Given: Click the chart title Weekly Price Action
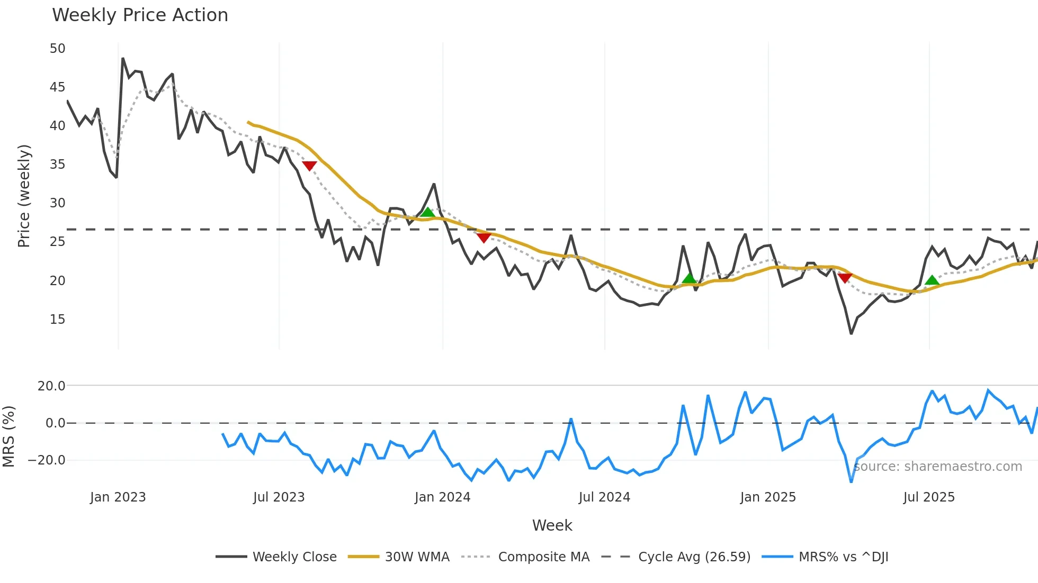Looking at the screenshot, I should (x=140, y=15).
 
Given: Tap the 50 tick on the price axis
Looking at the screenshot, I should (x=57, y=49).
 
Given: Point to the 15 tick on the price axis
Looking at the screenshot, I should (x=57, y=320).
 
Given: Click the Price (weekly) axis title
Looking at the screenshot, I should (x=24, y=196).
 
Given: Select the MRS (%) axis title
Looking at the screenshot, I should (x=8, y=436).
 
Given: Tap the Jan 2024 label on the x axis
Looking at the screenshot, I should (x=442, y=497).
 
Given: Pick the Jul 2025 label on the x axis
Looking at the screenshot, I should (x=929, y=497).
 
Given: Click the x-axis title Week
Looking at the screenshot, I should (x=552, y=525).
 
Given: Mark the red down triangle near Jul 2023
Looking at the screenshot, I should (x=309, y=166).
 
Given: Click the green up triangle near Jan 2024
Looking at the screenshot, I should (x=427, y=213).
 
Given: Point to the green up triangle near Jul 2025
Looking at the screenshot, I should (x=932, y=280).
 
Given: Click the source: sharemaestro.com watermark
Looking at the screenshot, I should (x=937, y=467).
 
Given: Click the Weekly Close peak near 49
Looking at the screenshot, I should (x=123, y=59).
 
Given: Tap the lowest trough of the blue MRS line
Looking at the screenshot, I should (x=851, y=481).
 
